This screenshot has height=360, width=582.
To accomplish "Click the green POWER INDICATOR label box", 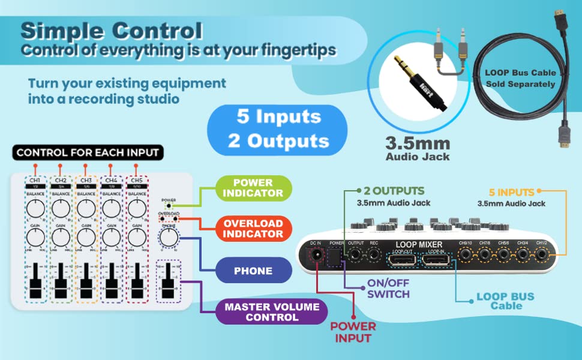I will coord(253,188).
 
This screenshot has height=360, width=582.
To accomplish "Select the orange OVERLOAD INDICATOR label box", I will coord(253,227).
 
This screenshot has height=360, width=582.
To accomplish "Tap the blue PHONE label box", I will coord(253,271).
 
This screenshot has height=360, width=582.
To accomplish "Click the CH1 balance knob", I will coord(35,209).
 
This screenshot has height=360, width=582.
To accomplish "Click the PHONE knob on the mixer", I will coord(169,238).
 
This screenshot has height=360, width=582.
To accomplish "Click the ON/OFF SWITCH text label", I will coord(389,289).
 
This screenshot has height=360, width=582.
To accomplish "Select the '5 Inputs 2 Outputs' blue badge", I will coord(277,128).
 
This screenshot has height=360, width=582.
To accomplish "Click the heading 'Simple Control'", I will coord(111,31).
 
